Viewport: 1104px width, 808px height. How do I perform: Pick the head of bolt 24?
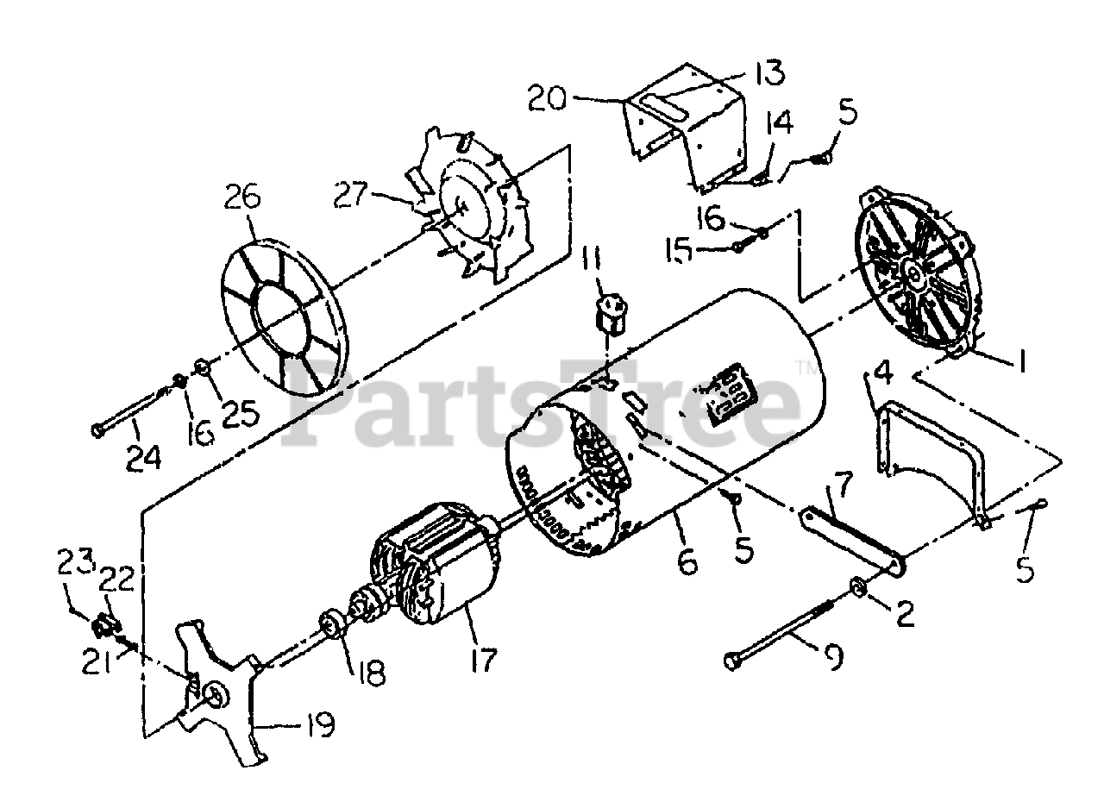[98, 429]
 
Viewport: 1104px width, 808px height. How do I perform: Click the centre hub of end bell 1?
[913, 272]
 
